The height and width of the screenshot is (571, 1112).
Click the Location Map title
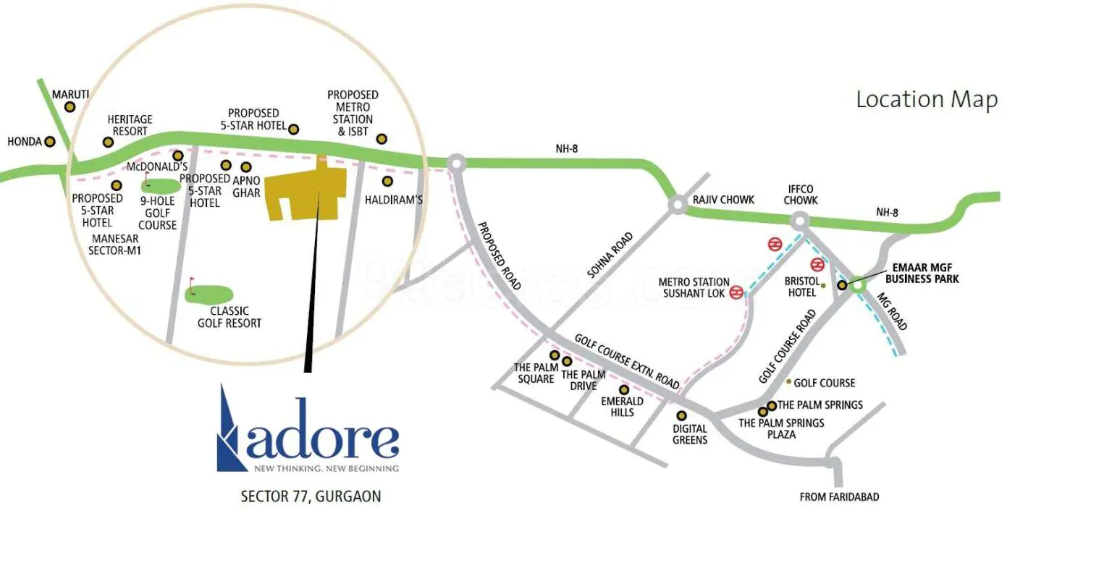[926, 99]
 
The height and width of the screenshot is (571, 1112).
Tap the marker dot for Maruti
[69, 107]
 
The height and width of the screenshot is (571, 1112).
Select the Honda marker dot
[50, 142]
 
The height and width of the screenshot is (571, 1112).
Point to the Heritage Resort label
[130, 125]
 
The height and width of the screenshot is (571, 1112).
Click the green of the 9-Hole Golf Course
[162, 185]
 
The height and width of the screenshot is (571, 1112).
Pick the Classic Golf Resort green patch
[209, 294]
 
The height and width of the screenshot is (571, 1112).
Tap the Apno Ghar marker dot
[246, 168]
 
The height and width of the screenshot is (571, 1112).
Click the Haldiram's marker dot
[388, 181]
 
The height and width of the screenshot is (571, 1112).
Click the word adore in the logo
[323, 438]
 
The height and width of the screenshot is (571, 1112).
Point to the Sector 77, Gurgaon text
[311, 496]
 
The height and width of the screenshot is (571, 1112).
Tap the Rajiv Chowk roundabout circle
[677, 205]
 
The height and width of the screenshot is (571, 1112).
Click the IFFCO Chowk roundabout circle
[799, 220]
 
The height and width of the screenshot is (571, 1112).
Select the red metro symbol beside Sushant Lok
[736, 292]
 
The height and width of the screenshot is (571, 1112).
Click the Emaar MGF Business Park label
[922, 274]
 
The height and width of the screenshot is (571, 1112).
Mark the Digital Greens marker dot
[681, 415]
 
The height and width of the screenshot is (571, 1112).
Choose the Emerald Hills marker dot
[624, 390]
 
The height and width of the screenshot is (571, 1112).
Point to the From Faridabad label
[839, 497]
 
